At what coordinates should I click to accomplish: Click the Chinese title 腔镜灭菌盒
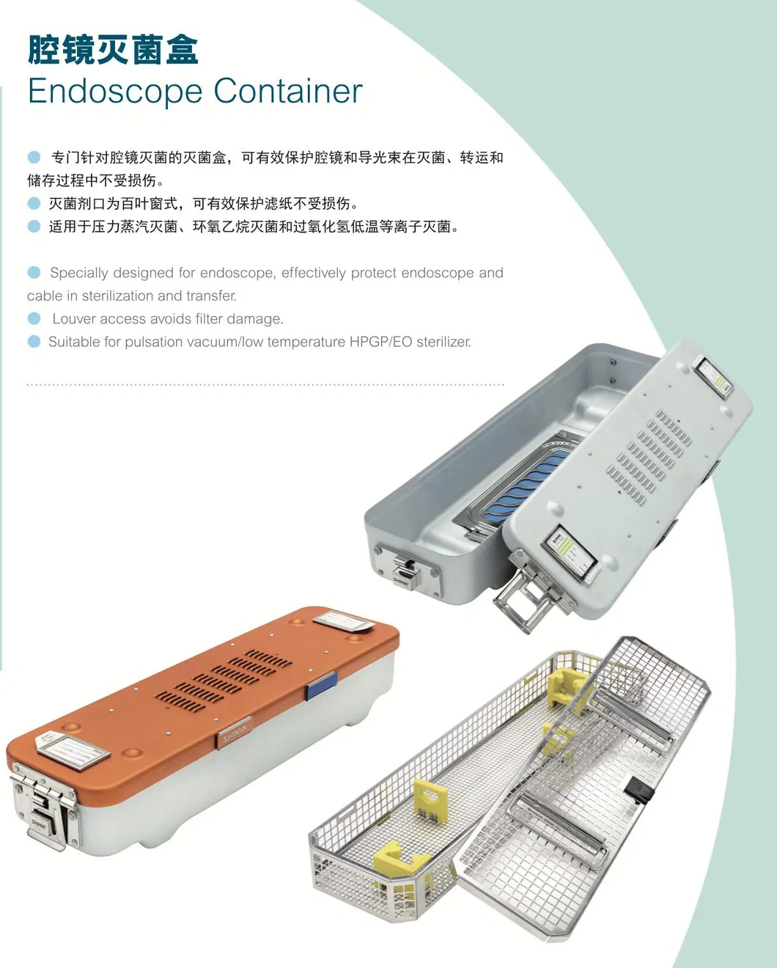[x=113, y=50]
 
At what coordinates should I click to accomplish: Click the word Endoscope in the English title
[x=115, y=92]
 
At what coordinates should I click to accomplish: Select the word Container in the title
[x=288, y=92]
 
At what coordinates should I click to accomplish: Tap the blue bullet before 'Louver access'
[x=34, y=318]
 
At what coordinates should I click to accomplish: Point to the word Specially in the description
[x=78, y=273]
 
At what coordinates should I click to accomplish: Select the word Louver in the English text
[x=73, y=319]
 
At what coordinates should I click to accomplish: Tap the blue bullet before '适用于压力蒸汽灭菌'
[x=34, y=227]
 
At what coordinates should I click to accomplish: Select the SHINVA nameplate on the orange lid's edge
[x=235, y=732]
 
